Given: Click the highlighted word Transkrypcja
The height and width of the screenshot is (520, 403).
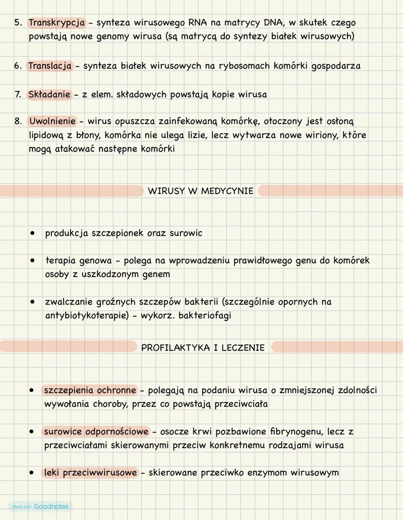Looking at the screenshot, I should [57, 23].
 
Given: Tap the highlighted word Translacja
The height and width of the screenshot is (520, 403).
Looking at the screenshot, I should [50, 66].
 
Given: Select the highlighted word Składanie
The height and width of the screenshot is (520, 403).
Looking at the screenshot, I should [49, 94].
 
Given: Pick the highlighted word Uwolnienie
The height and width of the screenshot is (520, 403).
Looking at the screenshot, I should [52, 121].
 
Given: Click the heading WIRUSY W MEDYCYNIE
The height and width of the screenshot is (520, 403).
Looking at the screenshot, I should [200, 191].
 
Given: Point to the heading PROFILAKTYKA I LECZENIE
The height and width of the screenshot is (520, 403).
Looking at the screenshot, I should [203, 348].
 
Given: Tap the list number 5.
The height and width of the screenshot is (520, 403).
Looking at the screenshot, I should [18, 23].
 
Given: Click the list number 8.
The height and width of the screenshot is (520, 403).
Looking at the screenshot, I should [18, 121].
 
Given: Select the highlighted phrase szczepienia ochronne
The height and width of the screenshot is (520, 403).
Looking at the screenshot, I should [90, 390].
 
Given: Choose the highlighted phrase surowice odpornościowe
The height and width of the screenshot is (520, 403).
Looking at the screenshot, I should [96, 432].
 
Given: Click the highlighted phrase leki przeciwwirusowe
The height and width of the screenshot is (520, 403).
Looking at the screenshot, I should [90, 473].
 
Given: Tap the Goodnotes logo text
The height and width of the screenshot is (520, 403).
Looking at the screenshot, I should [51, 506].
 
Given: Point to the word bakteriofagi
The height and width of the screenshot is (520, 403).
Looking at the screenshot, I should [205, 316].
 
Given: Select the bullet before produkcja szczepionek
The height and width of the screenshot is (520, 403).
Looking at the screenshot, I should [33, 233].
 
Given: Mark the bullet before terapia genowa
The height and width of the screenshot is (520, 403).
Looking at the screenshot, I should [33, 261].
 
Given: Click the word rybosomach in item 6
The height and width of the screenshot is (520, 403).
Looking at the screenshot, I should [244, 66].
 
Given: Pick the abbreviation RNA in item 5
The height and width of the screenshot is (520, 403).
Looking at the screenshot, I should [197, 23].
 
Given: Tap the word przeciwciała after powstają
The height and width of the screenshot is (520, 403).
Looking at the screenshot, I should [241, 404].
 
